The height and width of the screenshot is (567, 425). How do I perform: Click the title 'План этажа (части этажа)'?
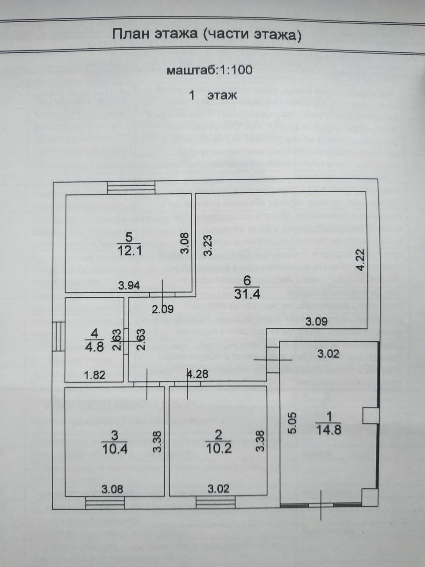(207, 35)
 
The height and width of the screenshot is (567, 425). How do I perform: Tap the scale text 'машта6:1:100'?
(209, 70)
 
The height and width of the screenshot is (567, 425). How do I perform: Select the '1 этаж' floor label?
(213, 95)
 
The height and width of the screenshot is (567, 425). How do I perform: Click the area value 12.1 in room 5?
(129, 250)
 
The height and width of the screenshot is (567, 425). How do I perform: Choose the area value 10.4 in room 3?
(114, 449)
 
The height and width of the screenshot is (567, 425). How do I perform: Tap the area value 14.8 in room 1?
(329, 429)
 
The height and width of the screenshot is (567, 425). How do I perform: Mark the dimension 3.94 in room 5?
(129, 286)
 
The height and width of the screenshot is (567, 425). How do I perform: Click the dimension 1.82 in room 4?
(95, 375)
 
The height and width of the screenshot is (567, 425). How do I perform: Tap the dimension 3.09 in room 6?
(317, 322)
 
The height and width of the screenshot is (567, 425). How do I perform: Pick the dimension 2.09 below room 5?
(163, 310)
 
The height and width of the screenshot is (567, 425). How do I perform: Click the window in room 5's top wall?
(131, 187)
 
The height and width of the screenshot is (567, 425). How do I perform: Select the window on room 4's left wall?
(59, 337)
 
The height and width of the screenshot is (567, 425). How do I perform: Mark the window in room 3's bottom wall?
(105, 503)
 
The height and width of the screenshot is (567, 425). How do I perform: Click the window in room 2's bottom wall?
(215, 503)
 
